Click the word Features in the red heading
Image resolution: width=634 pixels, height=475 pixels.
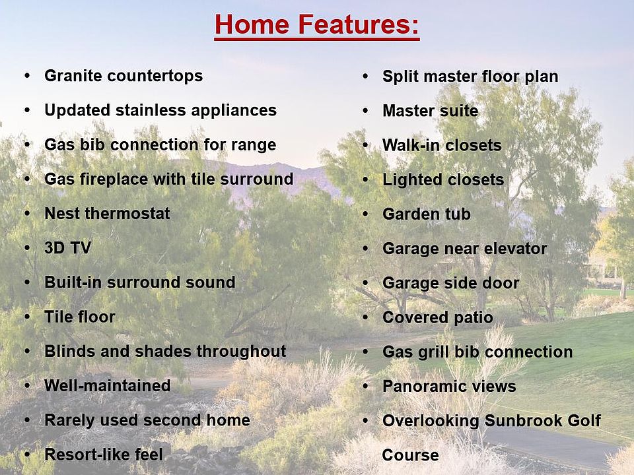(358, 24)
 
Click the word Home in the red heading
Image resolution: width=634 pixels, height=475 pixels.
(252, 24)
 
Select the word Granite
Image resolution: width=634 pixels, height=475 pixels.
(73, 75)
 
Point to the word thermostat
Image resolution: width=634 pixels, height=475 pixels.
(127, 213)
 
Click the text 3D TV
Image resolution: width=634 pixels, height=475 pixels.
(68, 247)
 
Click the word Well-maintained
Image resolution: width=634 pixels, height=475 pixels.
(108, 385)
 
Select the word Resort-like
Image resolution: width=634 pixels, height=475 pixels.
(87, 455)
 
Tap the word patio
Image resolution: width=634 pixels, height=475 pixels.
(474, 318)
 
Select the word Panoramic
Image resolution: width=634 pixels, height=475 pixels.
(419, 386)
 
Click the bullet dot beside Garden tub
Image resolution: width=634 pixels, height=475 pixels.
(365, 213)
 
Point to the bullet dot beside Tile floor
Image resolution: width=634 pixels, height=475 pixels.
(27, 316)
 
